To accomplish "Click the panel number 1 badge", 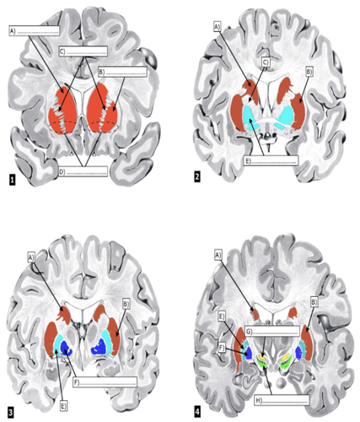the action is click(12, 180).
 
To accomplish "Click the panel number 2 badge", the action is click(197, 176).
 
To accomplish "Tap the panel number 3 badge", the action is click(11, 413).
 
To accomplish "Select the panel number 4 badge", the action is click(197, 412).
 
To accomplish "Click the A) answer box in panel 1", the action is click(35, 30).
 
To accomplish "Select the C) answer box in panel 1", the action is click(83, 51).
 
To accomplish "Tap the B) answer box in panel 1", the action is click(122, 72).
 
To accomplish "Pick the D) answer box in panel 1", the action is click(83, 171).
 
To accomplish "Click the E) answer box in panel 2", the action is click(271, 160).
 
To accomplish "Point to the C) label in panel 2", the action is click(266, 62).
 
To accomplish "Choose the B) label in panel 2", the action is click(309, 72).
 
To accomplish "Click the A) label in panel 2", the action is click(218, 27).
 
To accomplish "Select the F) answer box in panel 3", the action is click(105, 382).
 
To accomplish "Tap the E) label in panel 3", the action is click(63, 406).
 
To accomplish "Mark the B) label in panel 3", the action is click(126, 304).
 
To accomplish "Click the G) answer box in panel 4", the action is click(272, 331).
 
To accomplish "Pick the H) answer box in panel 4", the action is click(282, 400).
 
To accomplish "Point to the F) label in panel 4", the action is click(222, 349).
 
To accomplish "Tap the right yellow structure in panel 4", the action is click(285, 358).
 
